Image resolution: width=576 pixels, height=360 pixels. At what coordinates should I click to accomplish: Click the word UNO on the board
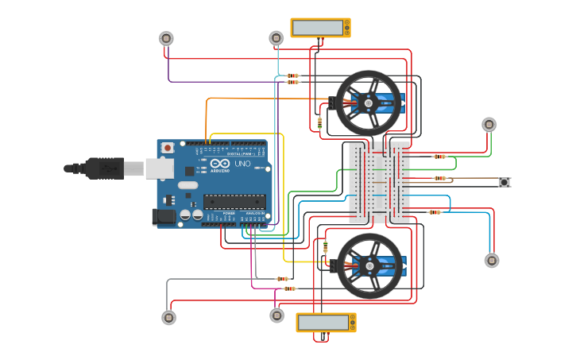242,164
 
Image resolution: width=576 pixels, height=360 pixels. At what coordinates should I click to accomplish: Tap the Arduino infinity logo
218,164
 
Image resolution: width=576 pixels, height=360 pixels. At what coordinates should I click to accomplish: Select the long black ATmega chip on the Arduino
234,201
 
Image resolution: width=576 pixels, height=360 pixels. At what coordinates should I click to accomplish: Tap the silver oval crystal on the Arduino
187,185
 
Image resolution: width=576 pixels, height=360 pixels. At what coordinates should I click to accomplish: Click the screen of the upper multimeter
318,28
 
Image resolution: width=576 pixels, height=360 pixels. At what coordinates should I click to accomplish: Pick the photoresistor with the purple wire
166,38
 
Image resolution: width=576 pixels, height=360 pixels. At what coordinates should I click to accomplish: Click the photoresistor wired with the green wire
489,125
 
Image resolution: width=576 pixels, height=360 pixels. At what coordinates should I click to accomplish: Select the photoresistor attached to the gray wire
169,318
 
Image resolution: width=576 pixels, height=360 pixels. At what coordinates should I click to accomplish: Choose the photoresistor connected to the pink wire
276,315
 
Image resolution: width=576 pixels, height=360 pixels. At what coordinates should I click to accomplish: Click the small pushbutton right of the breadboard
504,183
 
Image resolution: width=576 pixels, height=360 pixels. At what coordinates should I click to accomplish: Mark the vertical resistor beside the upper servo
319,122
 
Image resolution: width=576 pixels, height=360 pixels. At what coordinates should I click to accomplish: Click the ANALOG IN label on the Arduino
255,214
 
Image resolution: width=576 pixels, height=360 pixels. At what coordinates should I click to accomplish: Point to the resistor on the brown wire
439,178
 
